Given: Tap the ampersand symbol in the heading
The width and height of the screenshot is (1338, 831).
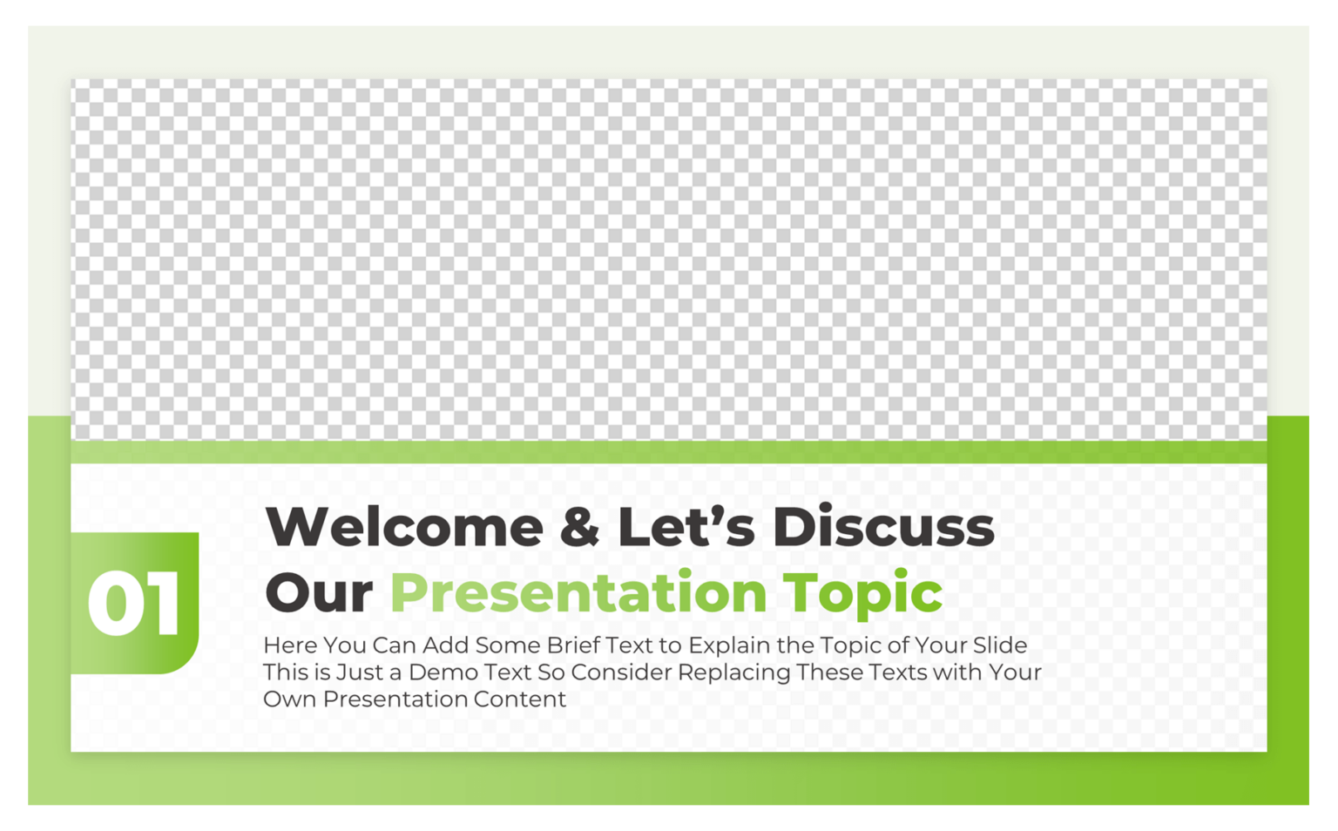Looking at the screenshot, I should click(x=579, y=527).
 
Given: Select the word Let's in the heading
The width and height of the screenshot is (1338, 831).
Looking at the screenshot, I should click(x=686, y=527).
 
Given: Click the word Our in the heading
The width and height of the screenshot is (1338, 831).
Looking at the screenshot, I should click(x=319, y=592).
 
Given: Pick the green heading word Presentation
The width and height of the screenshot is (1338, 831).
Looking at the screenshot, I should click(x=578, y=592).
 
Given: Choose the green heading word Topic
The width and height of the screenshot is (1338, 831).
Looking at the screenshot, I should click(x=862, y=594).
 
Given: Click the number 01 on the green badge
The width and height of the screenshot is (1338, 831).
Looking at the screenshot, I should click(x=134, y=604).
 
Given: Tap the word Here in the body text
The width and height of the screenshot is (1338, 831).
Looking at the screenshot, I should click(x=289, y=645).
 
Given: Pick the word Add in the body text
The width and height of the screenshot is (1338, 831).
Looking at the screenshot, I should click(x=443, y=645).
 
